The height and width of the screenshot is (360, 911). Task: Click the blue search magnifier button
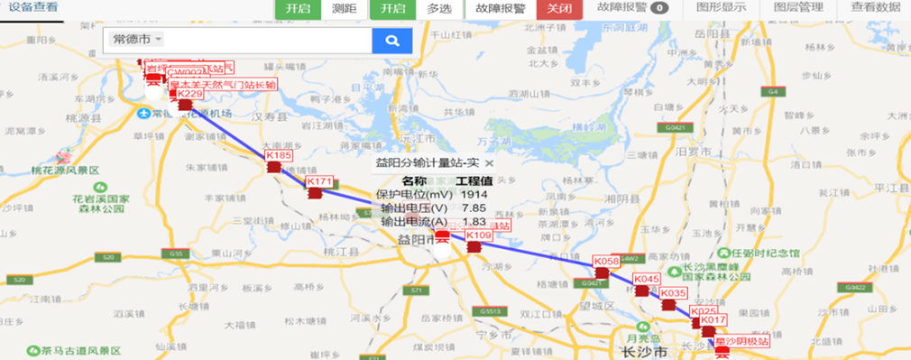(392, 41)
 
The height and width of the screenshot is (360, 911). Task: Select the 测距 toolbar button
(343, 8)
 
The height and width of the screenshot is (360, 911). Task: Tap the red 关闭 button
(559, 8)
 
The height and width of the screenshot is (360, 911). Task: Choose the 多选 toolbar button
(439, 8)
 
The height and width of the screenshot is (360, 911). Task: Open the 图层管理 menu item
(799, 8)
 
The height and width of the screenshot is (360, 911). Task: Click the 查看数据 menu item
(875, 8)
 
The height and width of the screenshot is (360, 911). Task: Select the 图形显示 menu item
(721, 8)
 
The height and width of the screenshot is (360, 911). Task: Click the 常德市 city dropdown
(135, 41)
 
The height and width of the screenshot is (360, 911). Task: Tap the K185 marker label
(280, 156)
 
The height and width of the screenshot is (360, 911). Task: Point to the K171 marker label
(320, 181)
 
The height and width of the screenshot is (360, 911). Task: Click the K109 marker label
(479, 235)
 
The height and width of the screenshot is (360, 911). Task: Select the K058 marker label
(606, 262)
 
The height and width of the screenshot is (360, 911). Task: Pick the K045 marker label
(647, 280)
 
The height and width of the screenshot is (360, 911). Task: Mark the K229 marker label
(189, 94)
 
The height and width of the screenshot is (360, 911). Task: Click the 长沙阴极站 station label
(741, 342)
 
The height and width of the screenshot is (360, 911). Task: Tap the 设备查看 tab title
(33, 8)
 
